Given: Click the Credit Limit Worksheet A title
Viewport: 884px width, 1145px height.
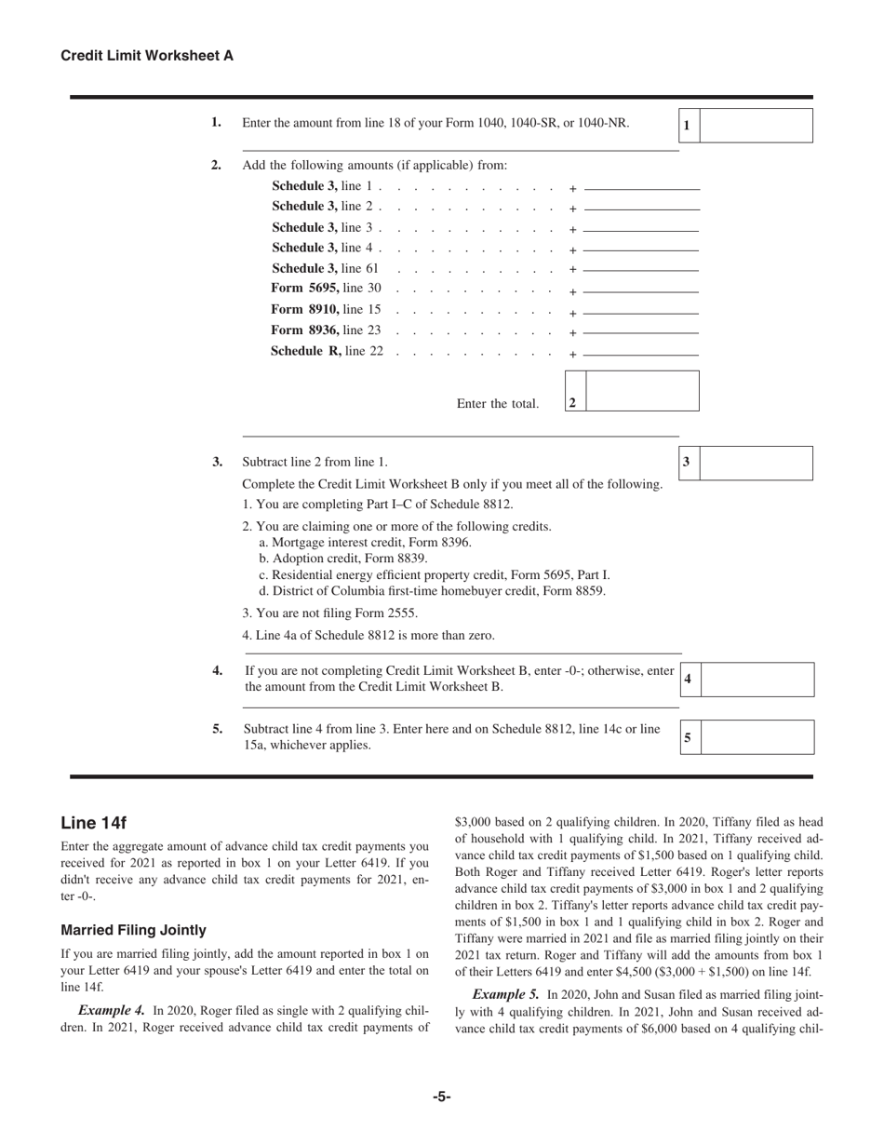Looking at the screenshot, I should pos(147,56).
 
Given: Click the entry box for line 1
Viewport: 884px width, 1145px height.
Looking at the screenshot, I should pos(756,126).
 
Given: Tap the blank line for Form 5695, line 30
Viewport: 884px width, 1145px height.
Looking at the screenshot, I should pos(642,290).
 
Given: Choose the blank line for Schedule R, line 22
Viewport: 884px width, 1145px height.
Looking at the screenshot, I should pos(642,354).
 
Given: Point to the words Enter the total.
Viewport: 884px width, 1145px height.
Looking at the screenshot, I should pos(497,404).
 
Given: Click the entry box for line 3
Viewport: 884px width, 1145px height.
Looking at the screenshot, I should pos(756,463).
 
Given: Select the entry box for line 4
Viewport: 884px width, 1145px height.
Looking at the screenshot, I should pos(757,680).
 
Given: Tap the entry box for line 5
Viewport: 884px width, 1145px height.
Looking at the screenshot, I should pos(757,737).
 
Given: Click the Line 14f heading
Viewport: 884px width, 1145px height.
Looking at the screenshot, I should pos(93,823).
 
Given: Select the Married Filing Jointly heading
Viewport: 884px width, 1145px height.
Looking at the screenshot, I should pos(133,930).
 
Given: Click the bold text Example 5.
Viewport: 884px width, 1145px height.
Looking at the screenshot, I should pos(506,993).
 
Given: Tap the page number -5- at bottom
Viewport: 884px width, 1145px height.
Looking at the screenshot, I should pos(441,1098).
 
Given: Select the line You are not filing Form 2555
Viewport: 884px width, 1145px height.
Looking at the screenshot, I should pos(329,613).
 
